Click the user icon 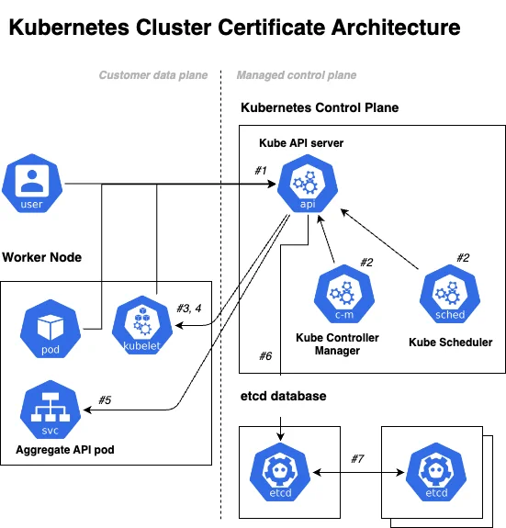click(x=32, y=183)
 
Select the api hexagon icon click(x=308, y=184)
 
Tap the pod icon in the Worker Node click(x=51, y=329)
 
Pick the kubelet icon click(x=142, y=325)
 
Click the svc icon click(x=51, y=410)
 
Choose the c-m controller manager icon click(x=344, y=294)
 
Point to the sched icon click(x=450, y=294)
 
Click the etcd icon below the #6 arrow click(x=280, y=472)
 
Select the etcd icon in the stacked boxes click(x=436, y=472)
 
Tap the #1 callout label click(x=261, y=171)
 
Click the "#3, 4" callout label click(x=189, y=309)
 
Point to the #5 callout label click(x=105, y=400)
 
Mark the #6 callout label click(x=265, y=356)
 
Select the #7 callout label click(x=357, y=458)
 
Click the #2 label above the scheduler click(x=463, y=258)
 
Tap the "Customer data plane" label click(x=153, y=75)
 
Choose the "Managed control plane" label click(x=297, y=75)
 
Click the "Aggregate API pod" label click(x=65, y=450)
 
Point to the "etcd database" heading click(x=283, y=396)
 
